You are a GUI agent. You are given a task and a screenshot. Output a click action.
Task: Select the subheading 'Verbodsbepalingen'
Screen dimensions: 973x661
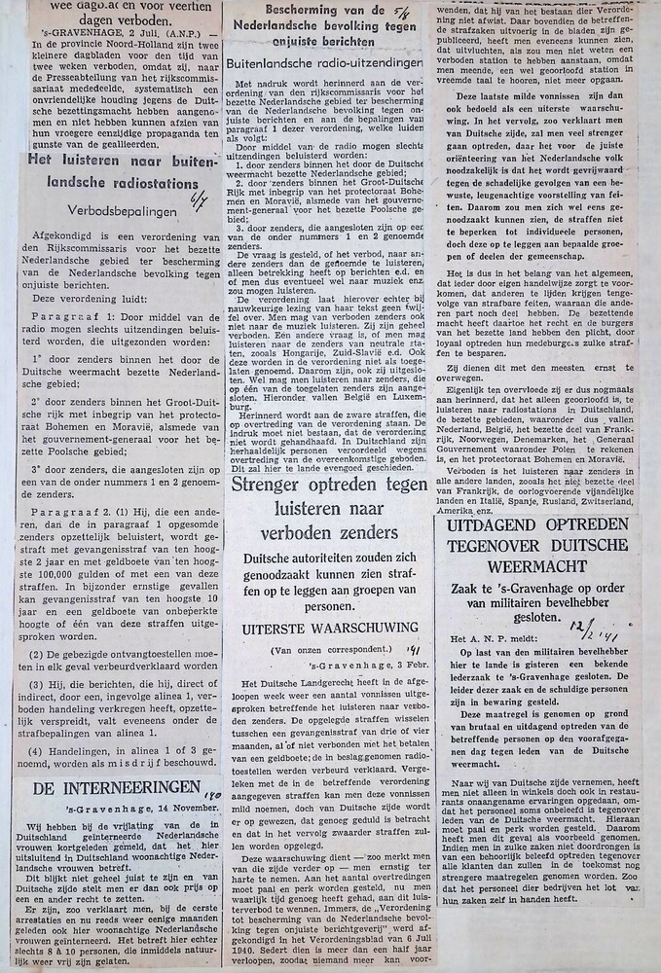[123, 209]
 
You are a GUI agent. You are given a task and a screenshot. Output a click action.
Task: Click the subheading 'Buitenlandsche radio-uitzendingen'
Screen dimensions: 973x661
[323, 62]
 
